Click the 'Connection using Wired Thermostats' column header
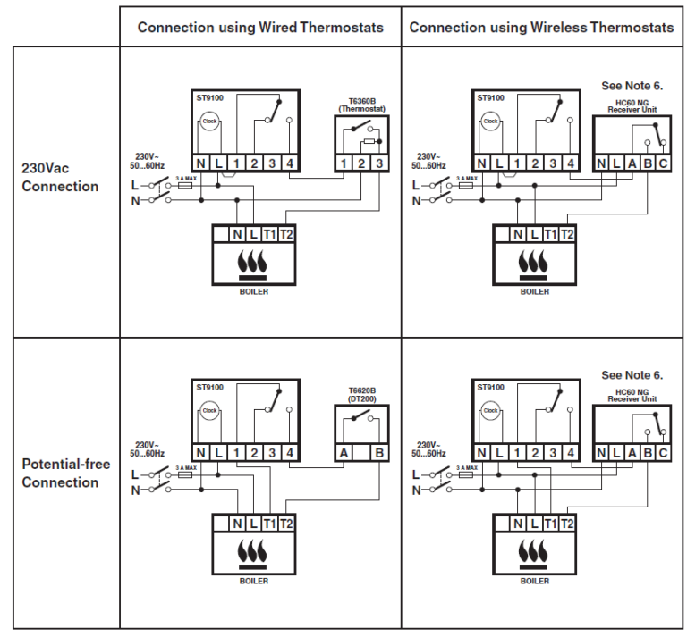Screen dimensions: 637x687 tap(260, 28)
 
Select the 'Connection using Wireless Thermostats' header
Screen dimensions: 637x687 tap(541, 28)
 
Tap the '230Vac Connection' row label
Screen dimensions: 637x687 tap(60, 178)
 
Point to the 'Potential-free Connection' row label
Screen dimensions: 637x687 tap(60, 474)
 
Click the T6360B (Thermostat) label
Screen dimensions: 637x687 tap(360, 105)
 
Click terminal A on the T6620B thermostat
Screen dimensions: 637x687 tap(343, 454)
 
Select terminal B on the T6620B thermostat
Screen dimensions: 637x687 tap(379, 454)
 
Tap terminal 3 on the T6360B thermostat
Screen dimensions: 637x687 tap(379, 163)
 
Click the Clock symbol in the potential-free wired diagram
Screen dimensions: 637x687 tap(209, 411)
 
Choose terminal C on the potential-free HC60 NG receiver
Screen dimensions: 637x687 tap(663, 454)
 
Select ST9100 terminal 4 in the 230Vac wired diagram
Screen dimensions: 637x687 tap(290, 163)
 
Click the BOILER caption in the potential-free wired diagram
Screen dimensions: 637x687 tap(253, 582)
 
